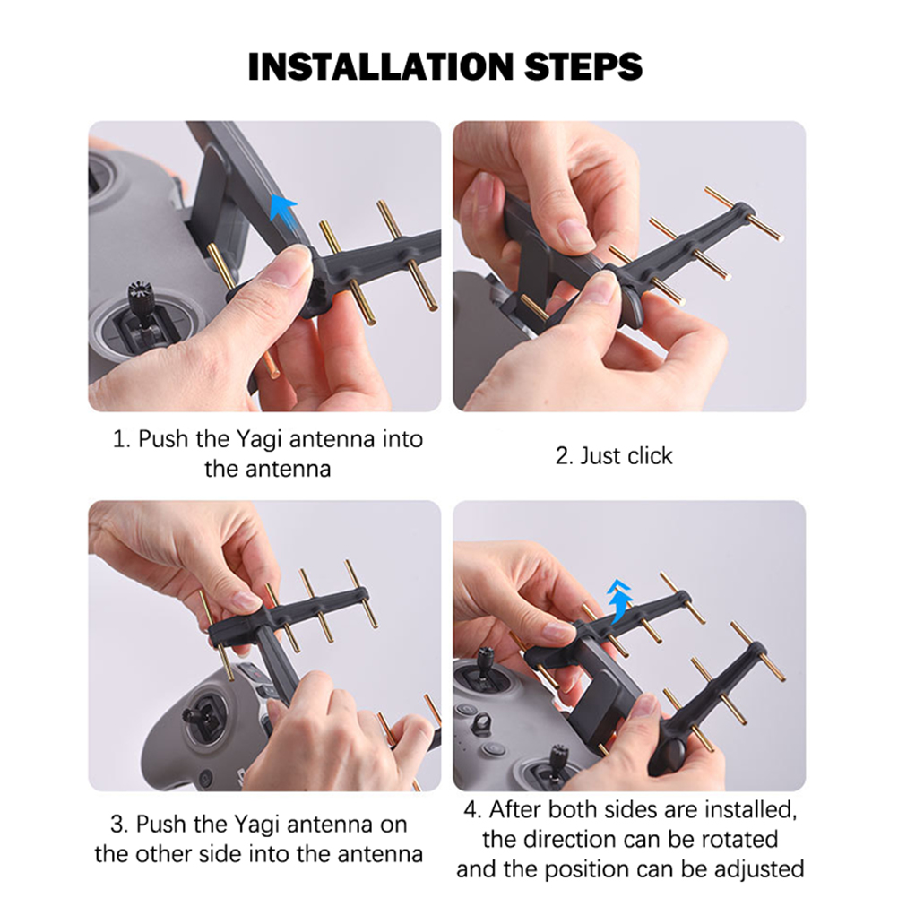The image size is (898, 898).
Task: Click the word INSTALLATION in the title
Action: (381, 66)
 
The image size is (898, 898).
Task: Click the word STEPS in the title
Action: (583, 66)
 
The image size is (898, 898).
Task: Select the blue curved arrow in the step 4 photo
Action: (619, 600)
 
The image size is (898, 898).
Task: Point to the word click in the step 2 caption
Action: (650, 456)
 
